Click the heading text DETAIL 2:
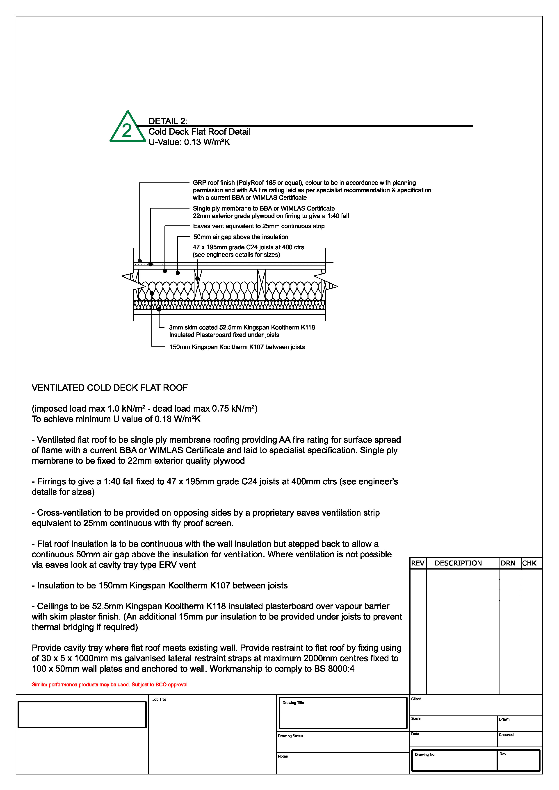pyautogui.click(x=168, y=121)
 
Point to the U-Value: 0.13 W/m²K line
pyautogui.click(x=189, y=142)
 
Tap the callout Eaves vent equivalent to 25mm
pyautogui.click(x=258, y=226)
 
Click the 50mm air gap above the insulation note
pyautogui.click(x=241, y=237)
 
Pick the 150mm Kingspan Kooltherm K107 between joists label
pyautogui.click(x=237, y=347)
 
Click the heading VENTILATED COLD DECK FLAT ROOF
pyautogui.click(x=110, y=388)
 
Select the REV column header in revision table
pyautogui.click(x=418, y=563)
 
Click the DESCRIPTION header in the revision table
pyautogui.click(x=458, y=563)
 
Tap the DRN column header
pyautogui.click(x=508, y=563)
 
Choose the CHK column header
pyautogui.click(x=529, y=563)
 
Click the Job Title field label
pyautogui.click(x=159, y=699)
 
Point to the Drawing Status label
pyautogui.click(x=290, y=736)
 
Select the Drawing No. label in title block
pyautogui.click(x=425, y=755)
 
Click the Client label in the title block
pyautogui.click(x=416, y=699)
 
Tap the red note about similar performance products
pyautogui.click(x=110, y=685)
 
